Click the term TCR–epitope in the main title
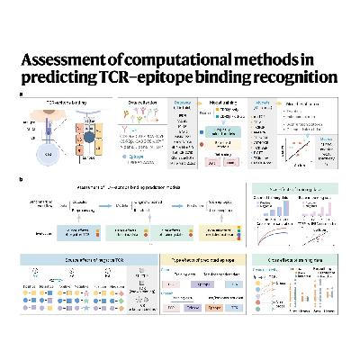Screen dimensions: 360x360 155,76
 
